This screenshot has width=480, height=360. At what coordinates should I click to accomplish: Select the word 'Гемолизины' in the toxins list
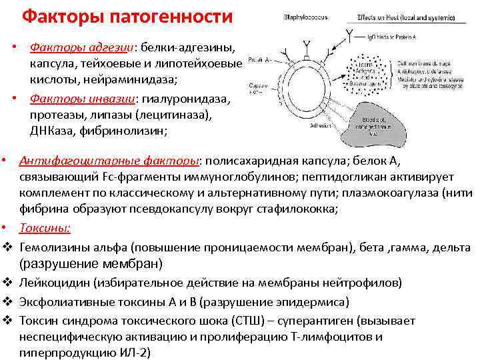tap(56, 247)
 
